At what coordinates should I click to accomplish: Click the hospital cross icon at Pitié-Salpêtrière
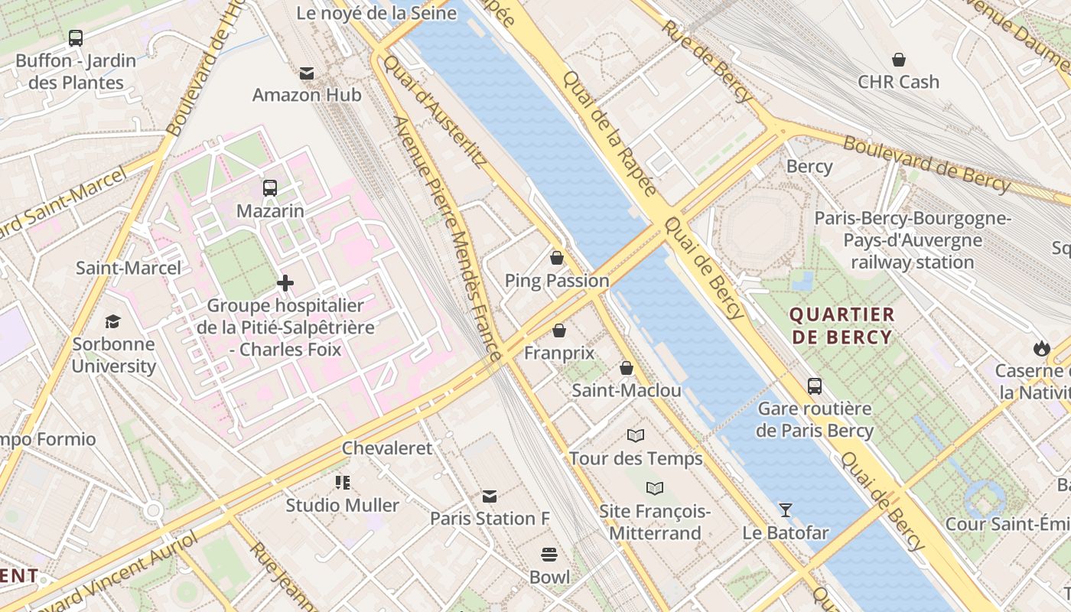(285, 284)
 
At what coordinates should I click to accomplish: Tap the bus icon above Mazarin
(269, 188)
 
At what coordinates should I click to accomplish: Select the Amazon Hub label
(307, 95)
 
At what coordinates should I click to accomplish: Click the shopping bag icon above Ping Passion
(557, 258)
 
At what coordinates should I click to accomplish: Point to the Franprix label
(559, 353)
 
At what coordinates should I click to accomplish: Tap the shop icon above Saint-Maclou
(627, 369)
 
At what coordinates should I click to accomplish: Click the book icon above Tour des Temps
(636, 436)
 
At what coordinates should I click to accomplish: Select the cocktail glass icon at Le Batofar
(785, 509)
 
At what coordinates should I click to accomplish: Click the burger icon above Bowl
(549, 554)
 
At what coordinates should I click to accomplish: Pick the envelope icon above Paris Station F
(490, 496)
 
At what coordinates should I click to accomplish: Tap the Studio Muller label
(343, 505)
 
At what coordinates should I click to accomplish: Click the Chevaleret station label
(387, 448)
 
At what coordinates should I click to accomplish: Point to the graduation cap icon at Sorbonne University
(113, 321)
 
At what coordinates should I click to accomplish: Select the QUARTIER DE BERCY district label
(841, 326)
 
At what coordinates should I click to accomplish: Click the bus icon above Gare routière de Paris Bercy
(815, 386)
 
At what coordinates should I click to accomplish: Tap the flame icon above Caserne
(1041, 349)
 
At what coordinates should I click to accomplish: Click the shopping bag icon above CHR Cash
(899, 60)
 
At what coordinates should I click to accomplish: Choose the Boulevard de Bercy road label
(927, 163)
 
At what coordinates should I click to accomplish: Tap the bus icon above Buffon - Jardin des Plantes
(76, 37)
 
